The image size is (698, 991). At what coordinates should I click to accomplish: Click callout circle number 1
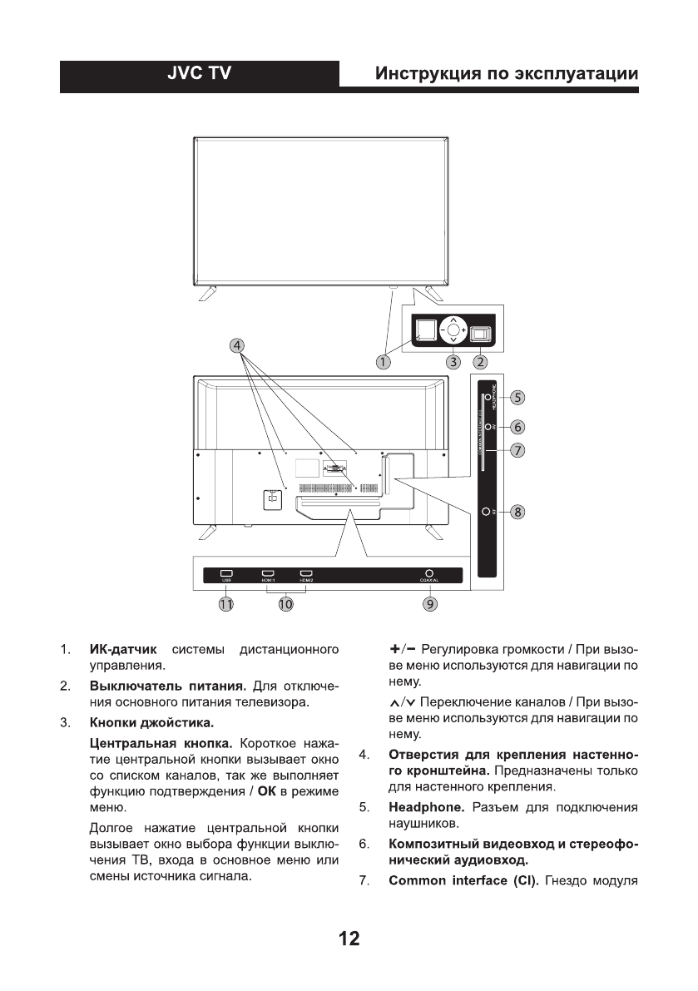[x=383, y=362]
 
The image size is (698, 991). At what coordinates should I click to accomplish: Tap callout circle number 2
[x=480, y=362]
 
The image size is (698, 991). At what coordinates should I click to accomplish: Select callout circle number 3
[x=453, y=362]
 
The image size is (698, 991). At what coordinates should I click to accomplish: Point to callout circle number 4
[x=237, y=345]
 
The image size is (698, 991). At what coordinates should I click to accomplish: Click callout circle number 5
[x=517, y=398]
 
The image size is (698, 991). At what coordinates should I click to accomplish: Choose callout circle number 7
[x=517, y=450]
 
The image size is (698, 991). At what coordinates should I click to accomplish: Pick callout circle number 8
[x=517, y=512]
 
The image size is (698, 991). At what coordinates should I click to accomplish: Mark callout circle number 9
[x=429, y=605]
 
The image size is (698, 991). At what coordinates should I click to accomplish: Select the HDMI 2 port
[x=306, y=573]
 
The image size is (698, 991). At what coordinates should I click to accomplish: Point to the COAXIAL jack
[x=429, y=573]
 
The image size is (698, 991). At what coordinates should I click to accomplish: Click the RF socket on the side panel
[x=486, y=512]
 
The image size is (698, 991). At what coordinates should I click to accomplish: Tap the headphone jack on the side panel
[x=487, y=399]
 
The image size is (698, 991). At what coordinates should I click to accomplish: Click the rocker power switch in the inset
[x=480, y=332]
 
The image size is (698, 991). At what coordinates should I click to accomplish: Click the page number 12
[x=349, y=939]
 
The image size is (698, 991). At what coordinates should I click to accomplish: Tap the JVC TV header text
[x=200, y=74]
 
